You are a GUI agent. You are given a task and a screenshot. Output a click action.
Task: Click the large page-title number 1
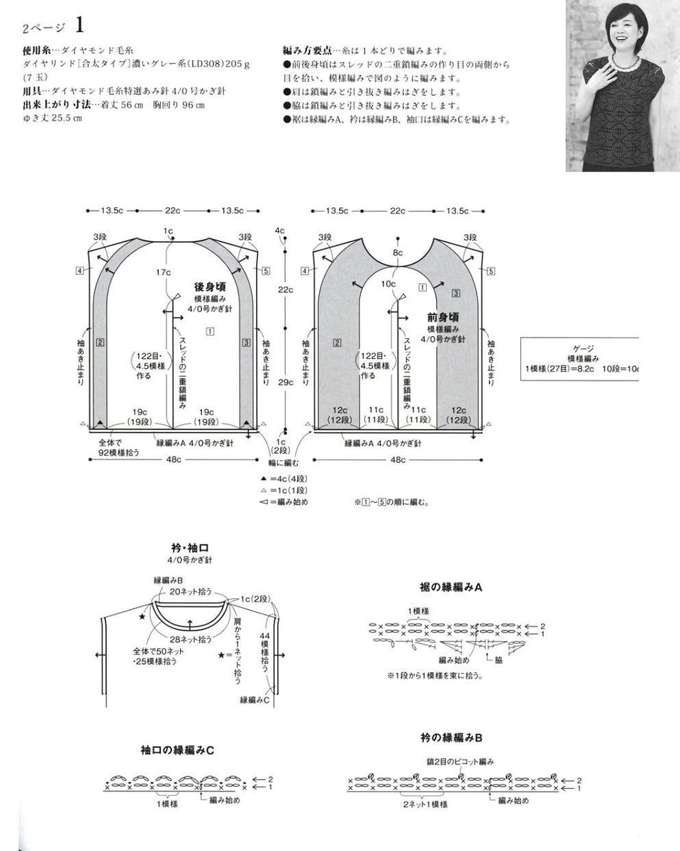click(x=79, y=26)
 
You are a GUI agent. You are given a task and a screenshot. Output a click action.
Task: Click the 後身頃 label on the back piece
click(x=210, y=287)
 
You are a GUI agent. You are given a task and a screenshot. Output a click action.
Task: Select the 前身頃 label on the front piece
click(x=443, y=317)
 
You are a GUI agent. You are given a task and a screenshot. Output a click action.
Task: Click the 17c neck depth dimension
click(x=164, y=272)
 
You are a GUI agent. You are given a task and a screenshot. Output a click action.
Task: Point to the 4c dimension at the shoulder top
click(x=280, y=230)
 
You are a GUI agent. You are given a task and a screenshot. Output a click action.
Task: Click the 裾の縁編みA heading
click(x=451, y=587)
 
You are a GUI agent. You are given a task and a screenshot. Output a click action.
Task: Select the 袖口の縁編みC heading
click(x=177, y=750)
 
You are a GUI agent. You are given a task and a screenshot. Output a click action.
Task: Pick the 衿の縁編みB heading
click(x=450, y=738)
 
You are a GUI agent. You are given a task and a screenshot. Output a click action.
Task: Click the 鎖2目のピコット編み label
click(x=459, y=761)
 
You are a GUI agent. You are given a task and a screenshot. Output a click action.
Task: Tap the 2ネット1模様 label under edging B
click(x=425, y=805)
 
